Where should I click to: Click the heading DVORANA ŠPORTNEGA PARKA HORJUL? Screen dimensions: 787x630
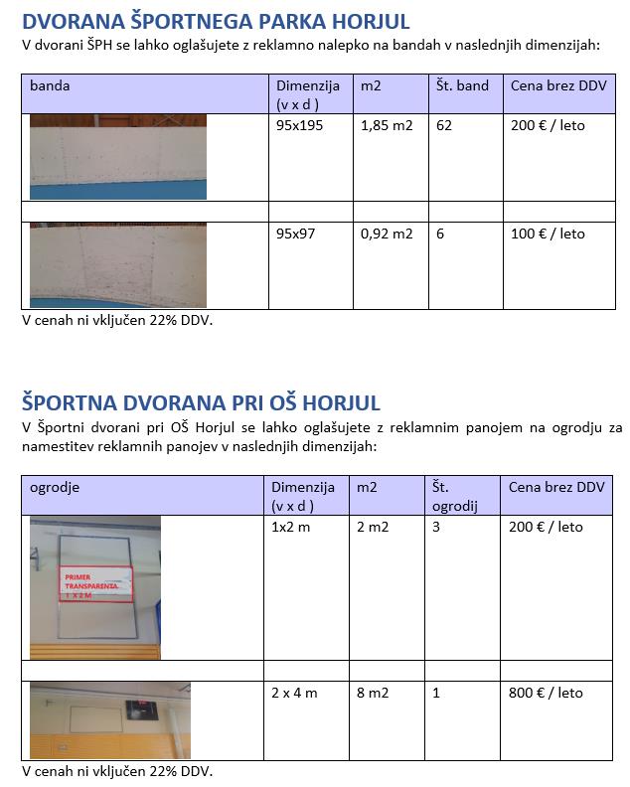(x=215, y=22)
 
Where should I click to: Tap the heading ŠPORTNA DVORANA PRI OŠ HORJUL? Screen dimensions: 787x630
(x=201, y=402)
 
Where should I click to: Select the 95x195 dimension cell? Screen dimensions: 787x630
(x=299, y=126)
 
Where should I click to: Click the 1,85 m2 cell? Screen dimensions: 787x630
(x=387, y=126)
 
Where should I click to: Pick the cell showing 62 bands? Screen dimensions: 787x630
(x=443, y=126)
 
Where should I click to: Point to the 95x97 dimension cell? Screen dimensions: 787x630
(x=295, y=235)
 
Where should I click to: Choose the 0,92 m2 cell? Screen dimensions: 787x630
(x=387, y=235)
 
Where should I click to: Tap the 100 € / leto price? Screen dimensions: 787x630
(x=548, y=235)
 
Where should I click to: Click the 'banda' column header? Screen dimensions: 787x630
(x=50, y=86)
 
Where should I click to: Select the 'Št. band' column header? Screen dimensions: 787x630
(x=462, y=86)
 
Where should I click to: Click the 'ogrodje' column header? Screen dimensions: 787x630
(x=55, y=488)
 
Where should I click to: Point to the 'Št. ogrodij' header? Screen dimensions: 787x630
(x=454, y=496)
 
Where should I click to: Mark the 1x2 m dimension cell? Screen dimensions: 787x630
(x=291, y=527)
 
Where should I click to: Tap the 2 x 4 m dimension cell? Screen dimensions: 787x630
(x=294, y=693)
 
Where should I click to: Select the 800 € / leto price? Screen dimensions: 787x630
(x=546, y=693)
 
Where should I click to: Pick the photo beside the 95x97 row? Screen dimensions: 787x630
(x=118, y=264)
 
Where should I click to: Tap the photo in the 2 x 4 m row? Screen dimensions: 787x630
(x=109, y=719)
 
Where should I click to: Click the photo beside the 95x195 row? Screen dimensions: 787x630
(x=118, y=157)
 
